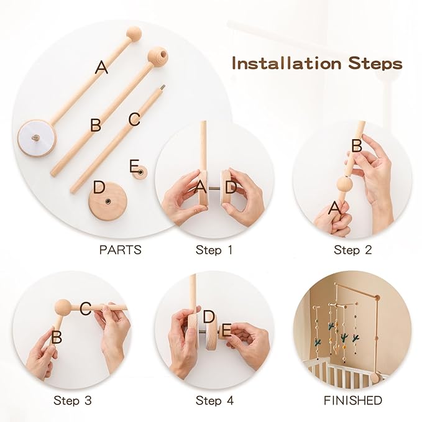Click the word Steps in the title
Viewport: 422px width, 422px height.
point(375,63)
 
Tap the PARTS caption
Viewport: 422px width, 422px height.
point(120,250)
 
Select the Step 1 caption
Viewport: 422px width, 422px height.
point(214,250)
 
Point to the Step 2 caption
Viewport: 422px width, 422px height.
point(352,250)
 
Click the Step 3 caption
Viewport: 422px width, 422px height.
point(73,401)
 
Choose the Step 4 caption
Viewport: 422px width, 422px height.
point(214,401)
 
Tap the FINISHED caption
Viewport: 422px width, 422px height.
point(352,401)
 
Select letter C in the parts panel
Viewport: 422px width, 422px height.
point(134,119)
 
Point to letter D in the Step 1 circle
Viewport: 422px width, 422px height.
point(231,186)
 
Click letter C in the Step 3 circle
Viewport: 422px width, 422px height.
point(86,308)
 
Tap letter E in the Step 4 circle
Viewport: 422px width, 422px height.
point(226,330)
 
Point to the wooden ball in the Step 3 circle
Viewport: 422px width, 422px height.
point(63,307)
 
